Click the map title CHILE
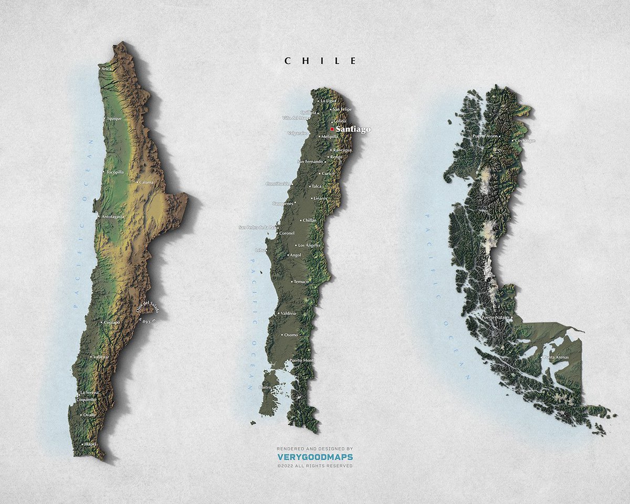320,61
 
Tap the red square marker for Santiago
332,129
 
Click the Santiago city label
353,129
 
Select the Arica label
107,69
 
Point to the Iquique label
114,119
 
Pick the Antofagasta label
113,216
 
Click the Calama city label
145,182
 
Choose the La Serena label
89,393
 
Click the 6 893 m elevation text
147,320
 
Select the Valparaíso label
297,133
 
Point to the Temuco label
301,281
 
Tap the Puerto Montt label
302,360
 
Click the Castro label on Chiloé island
265,387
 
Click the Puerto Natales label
496,318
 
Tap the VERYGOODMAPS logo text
315,457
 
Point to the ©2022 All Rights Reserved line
315,466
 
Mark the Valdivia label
289,313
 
